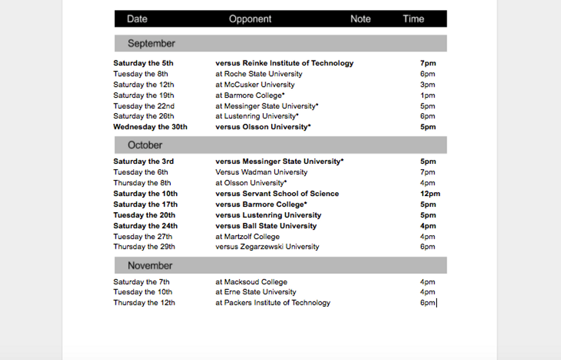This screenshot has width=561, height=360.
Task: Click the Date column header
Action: (x=137, y=19)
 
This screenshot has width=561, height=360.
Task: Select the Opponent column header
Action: (x=250, y=19)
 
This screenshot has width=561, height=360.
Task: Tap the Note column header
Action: (x=361, y=19)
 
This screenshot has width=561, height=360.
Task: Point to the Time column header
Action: (x=413, y=19)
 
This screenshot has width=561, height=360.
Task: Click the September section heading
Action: (x=151, y=44)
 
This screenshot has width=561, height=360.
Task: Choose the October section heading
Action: (x=145, y=145)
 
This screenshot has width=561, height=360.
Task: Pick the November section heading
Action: (x=150, y=265)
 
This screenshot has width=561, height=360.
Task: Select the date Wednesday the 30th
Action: (x=150, y=127)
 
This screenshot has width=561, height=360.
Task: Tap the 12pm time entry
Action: (x=430, y=194)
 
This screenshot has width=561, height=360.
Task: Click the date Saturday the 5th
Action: (x=143, y=63)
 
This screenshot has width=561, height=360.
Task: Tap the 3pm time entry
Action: (x=427, y=84)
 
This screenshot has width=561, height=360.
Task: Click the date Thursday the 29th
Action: (x=144, y=246)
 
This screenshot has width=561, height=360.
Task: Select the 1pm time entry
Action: (x=427, y=95)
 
